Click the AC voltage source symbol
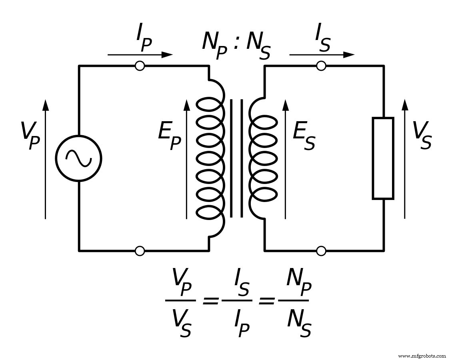[78, 158]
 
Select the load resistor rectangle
[383, 158]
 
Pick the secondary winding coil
[263, 158]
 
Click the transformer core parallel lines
[236, 158]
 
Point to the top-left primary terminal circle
[140, 66]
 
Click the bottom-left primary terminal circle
[140, 251]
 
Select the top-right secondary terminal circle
[321, 66]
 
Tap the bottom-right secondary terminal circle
[321, 251]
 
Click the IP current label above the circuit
[144, 40]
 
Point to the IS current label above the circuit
[322, 40]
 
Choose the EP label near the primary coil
[169, 136]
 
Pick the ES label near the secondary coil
[304, 136]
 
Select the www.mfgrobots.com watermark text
[422, 356]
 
